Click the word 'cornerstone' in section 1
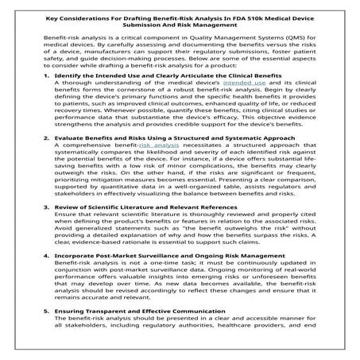[x=132, y=113]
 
